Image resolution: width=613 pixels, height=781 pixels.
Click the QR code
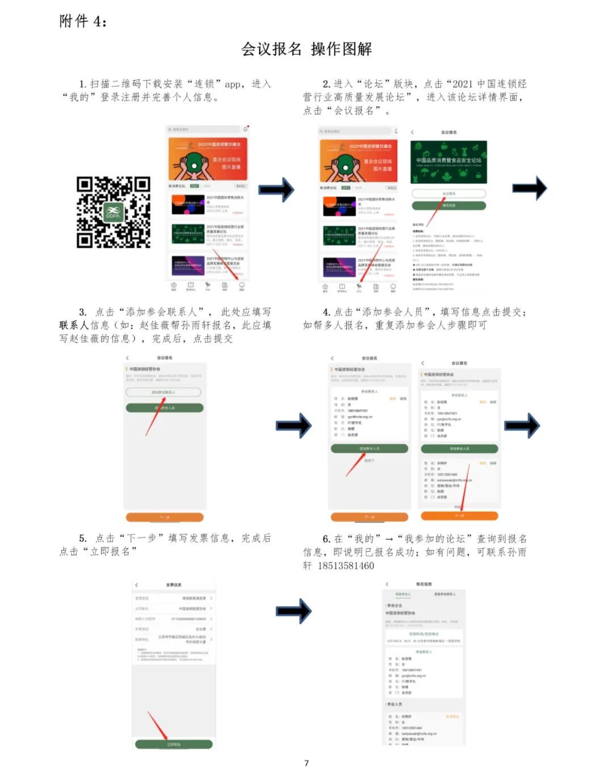(113, 212)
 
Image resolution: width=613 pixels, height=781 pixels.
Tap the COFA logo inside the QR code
(113, 212)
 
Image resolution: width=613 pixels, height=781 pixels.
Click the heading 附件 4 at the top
(83, 22)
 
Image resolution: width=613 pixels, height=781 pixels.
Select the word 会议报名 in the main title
(271, 49)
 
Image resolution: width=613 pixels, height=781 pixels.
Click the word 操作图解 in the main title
(342, 49)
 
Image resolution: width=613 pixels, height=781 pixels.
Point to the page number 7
(306, 763)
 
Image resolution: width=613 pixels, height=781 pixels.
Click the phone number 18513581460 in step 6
(346, 566)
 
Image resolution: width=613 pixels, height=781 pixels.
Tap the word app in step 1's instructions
(233, 84)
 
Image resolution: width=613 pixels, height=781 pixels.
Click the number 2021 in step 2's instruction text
(463, 84)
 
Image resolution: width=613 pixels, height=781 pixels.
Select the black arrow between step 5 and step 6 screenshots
(293, 611)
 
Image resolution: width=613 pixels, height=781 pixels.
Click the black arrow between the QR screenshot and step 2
(276, 190)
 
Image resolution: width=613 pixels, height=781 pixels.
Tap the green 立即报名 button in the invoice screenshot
(174, 744)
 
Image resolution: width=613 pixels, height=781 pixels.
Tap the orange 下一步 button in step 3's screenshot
(165, 517)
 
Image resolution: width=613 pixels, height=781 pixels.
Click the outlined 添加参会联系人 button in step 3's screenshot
(163, 392)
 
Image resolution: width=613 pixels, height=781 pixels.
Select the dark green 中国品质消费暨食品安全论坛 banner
(448, 161)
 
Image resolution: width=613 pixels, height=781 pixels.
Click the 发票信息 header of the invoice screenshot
(174, 585)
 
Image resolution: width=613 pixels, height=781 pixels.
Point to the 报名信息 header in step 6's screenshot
(424, 584)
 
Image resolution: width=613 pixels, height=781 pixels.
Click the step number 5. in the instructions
(83, 538)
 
